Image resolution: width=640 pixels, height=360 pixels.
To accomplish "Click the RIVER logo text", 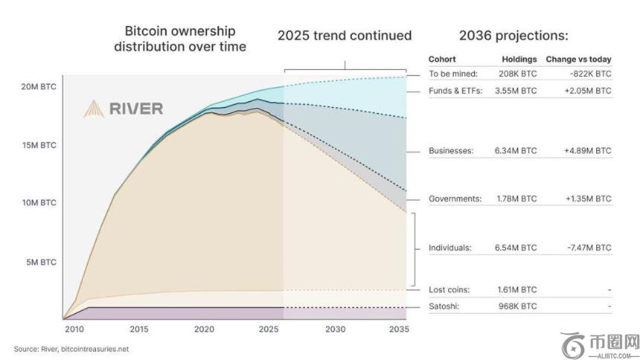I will [135, 109].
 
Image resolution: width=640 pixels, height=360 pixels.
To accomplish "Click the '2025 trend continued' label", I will [345, 35].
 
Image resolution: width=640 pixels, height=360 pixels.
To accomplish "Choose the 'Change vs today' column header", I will [578, 59].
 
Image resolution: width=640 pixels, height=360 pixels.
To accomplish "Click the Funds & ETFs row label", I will [455, 91].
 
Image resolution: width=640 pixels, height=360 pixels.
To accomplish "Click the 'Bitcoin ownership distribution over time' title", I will [179, 39].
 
